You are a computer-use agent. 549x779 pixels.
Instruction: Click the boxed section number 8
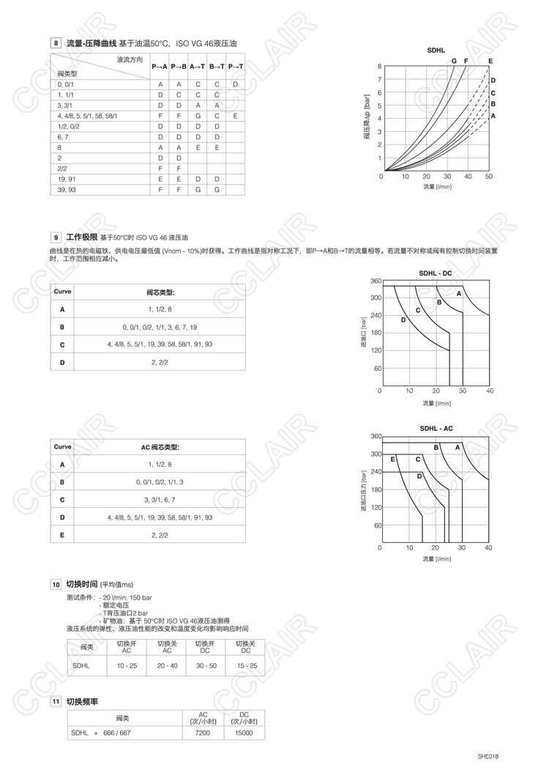coord(56,44)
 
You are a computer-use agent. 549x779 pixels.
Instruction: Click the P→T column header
coord(236,67)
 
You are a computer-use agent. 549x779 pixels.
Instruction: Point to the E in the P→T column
coord(235,116)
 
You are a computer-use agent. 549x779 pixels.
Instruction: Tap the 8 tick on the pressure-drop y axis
coord(379,67)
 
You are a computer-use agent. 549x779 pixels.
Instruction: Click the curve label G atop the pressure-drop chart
coord(454,60)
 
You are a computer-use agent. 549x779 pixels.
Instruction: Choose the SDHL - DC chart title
coord(436,273)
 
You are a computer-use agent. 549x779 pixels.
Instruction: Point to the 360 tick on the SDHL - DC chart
coord(375,281)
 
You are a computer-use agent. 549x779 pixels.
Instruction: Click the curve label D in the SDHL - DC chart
coord(403,320)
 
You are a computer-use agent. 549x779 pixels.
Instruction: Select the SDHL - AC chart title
coord(436,428)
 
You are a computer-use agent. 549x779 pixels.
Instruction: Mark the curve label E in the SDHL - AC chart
coord(393,459)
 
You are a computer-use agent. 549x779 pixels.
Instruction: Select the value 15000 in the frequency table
coord(244,732)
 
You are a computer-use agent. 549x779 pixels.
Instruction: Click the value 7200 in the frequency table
coord(203,732)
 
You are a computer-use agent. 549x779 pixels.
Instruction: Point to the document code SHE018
coord(488,756)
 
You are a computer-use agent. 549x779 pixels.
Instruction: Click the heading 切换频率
coord(82,701)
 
